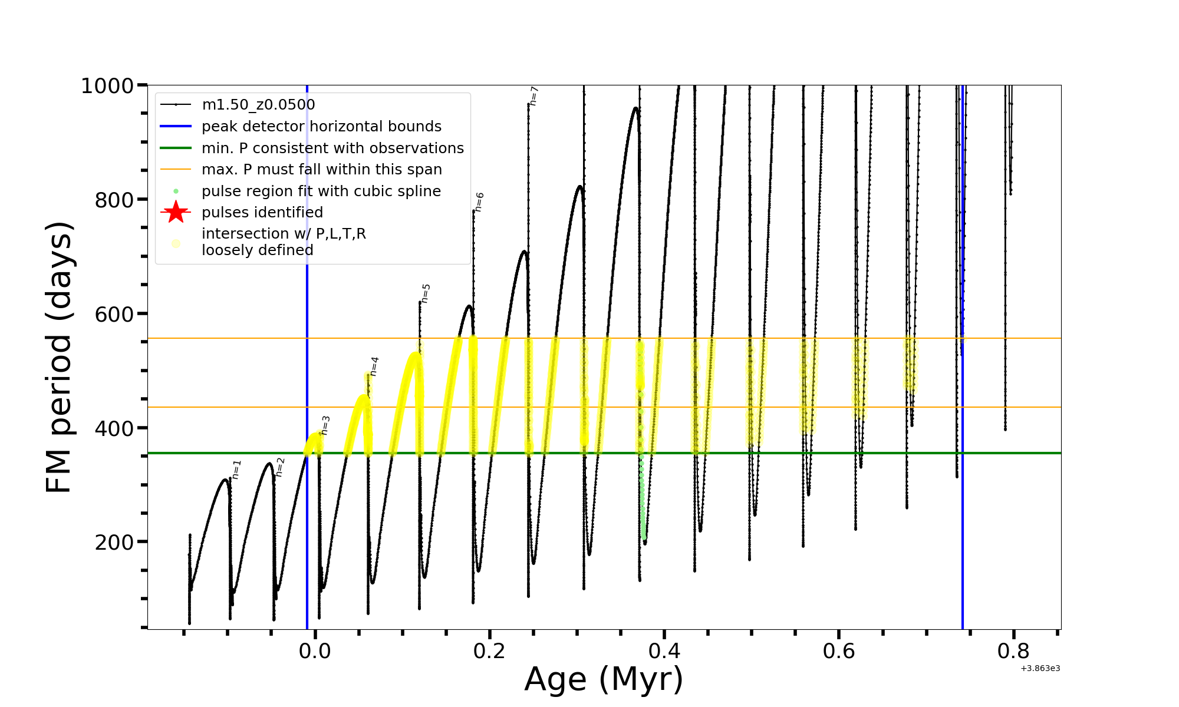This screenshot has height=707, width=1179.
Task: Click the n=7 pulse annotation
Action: click(534, 96)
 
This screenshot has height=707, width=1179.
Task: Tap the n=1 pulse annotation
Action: click(236, 470)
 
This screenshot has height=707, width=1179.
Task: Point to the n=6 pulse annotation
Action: click(479, 201)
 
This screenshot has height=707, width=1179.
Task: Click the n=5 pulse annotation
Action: click(426, 293)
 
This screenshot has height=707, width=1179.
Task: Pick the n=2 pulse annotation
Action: click(280, 467)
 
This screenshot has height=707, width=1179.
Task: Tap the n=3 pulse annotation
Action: click(325, 425)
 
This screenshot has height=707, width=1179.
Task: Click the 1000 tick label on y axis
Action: click(107, 86)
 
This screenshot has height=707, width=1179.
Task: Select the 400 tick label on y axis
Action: click(115, 428)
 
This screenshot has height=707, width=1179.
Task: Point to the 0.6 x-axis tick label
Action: click(839, 651)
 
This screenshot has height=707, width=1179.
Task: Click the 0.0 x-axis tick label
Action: click(315, 651)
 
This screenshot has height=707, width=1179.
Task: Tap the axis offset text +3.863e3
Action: click(1040, 669)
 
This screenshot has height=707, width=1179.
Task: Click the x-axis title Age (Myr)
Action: click(604, 679)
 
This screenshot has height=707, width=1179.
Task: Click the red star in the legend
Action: click(176, 212)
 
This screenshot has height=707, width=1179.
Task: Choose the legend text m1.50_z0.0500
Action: click(258, 105)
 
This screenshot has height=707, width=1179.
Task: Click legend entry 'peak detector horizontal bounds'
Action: click(321, 127)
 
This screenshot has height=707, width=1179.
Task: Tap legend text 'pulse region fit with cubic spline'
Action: click(321, 191)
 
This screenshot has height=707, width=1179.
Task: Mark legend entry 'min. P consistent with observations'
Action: click(332, 148)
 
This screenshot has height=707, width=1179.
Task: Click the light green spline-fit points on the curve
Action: click(643, 507)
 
